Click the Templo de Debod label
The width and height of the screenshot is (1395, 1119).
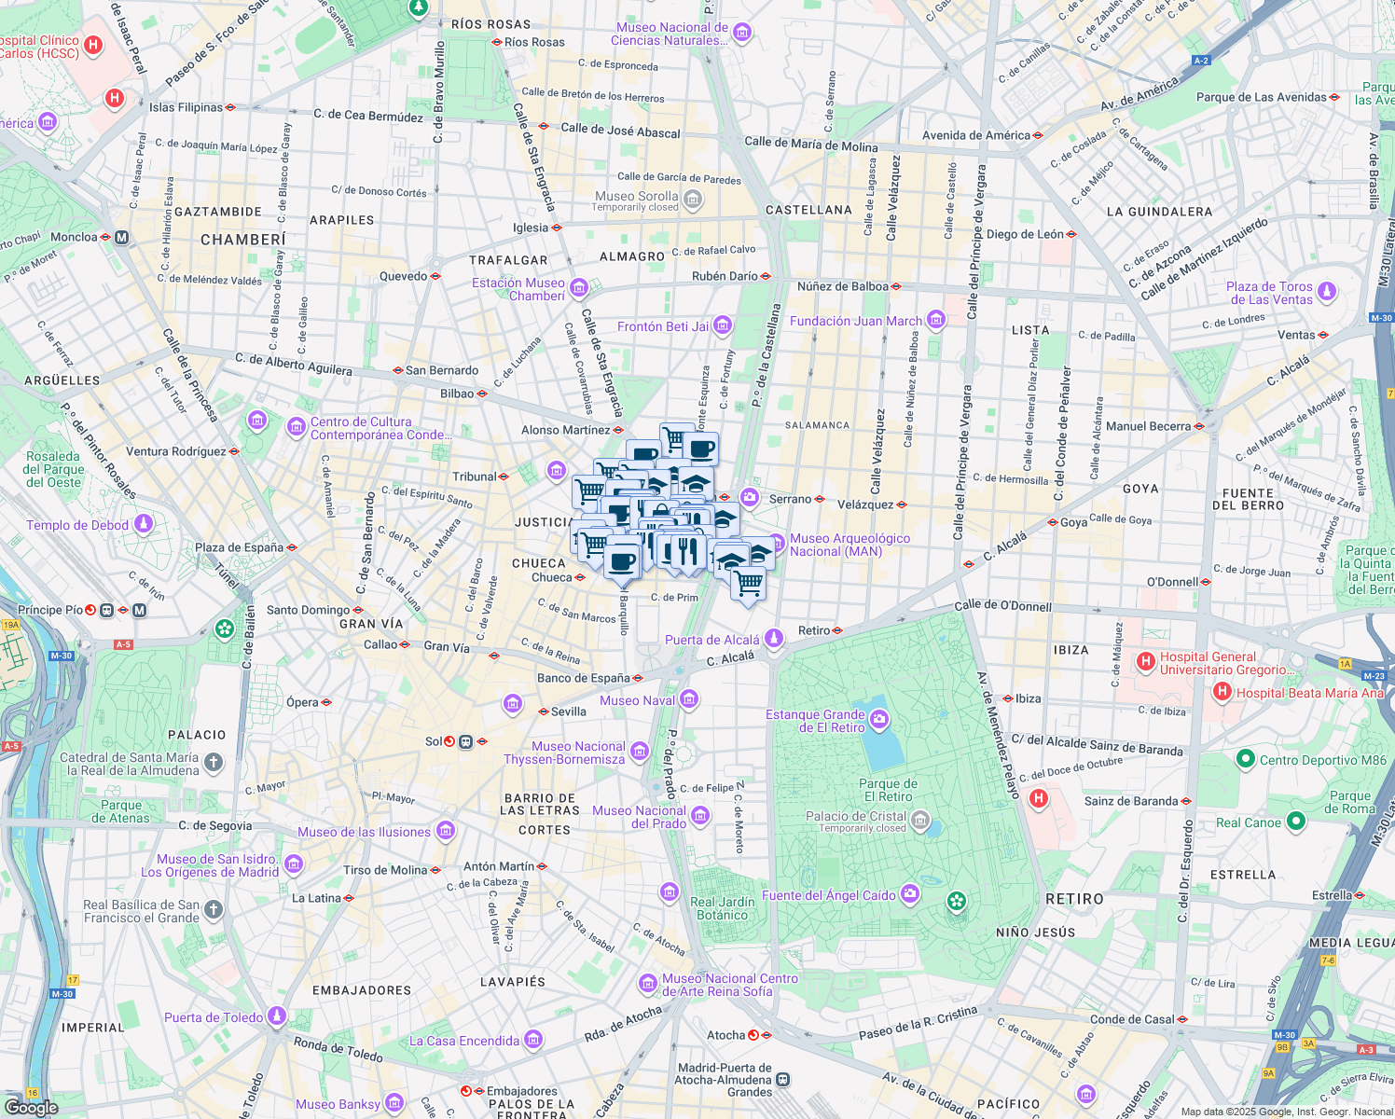(x=77, y=525)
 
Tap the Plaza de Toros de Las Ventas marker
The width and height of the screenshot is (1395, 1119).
(x=1327, y=292)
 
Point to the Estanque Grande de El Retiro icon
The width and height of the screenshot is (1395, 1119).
(x=879, y=720)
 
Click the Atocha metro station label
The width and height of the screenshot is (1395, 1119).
(x=725, y=1035)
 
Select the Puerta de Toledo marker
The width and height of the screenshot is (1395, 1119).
(x=277, y=1015)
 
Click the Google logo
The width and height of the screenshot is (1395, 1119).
(x=31, y=1107)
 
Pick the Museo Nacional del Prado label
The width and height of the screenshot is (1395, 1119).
(x=640, y=817)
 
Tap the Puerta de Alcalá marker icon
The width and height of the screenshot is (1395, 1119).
(x=774, y=639)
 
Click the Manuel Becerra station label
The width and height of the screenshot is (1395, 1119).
(x=1148, y=426)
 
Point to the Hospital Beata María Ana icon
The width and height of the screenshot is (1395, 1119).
(x=1222, y=692)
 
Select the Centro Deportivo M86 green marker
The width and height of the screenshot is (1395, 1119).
(x=1245, y=759)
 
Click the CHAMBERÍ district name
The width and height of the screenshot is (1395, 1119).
(x=243, y=240)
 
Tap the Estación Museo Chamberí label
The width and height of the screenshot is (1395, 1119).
(x=518, y=289)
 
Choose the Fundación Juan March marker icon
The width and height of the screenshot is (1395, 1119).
(x=936, y=321)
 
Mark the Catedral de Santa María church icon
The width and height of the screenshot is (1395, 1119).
(x=214, y=764)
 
